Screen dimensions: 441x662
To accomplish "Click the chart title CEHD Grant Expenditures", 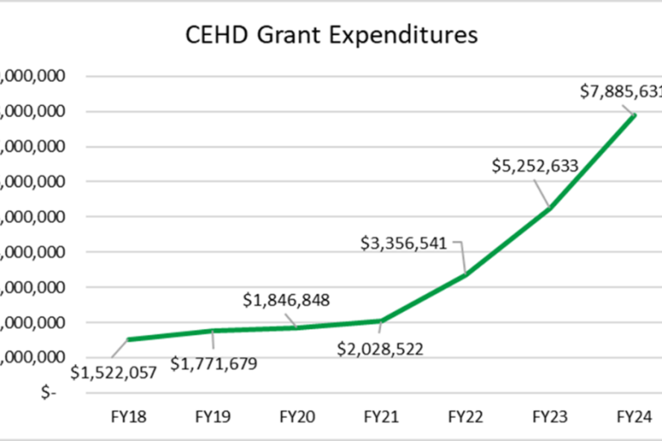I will click(x=332, y=36).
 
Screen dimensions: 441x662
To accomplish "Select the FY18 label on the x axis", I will click(x=128, y=416).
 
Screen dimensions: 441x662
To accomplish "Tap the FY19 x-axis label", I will click(x=213, y=416).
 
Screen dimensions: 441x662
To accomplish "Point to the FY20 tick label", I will click(x=297, y=416).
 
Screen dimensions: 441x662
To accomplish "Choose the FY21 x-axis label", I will click(x=382, y=416).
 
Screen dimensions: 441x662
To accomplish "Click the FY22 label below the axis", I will click(x=466, y=416).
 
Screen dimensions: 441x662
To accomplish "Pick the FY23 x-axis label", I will click(x=551, y=416).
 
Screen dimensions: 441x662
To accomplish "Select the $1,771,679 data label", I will click(x=213, y=364).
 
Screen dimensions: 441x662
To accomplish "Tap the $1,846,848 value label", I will click(x=286, y=300).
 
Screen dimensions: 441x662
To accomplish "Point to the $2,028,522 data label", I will click(x=380, y=351).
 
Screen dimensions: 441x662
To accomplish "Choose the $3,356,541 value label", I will click(x=404, y=243).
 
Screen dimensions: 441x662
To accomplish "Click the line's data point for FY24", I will click(x=635, y=115).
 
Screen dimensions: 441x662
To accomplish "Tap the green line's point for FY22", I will click(x=466, y=274).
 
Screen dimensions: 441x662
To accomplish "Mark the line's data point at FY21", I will click(x=382, y=320).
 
